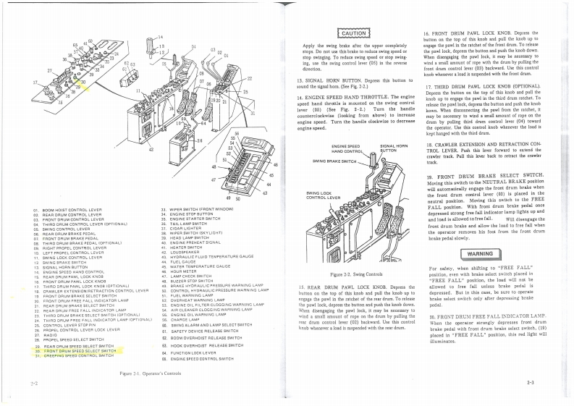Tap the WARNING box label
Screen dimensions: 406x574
pos(489,255)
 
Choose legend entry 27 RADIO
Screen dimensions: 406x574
pos(54,334)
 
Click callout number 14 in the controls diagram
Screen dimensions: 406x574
pos(160,35)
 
